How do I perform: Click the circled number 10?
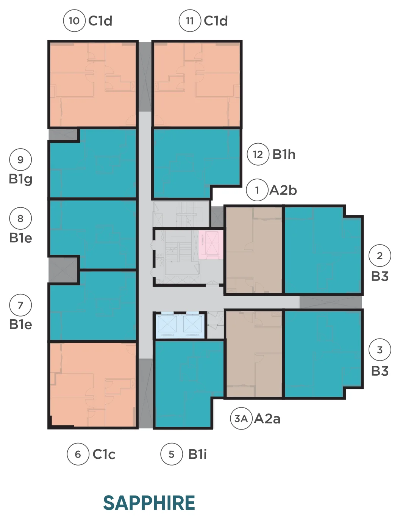(74, 21)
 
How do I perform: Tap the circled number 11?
(190, 21)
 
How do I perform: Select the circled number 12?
(258, 154)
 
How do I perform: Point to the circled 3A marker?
(241, 419)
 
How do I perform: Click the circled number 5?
(172, 454)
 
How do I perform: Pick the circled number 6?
(78, 454)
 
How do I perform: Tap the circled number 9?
(20, 160)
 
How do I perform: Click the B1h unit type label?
(284, 155)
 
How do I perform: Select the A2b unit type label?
(283, 190)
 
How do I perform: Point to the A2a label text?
(267, 419)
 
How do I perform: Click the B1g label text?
(20, 180)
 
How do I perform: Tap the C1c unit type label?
(104, 454)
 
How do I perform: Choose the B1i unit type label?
(197, 454)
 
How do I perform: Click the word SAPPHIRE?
(149, 503)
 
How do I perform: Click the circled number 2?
(380, 256)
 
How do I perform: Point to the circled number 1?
(257, 190)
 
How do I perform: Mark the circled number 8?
(20, 218)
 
